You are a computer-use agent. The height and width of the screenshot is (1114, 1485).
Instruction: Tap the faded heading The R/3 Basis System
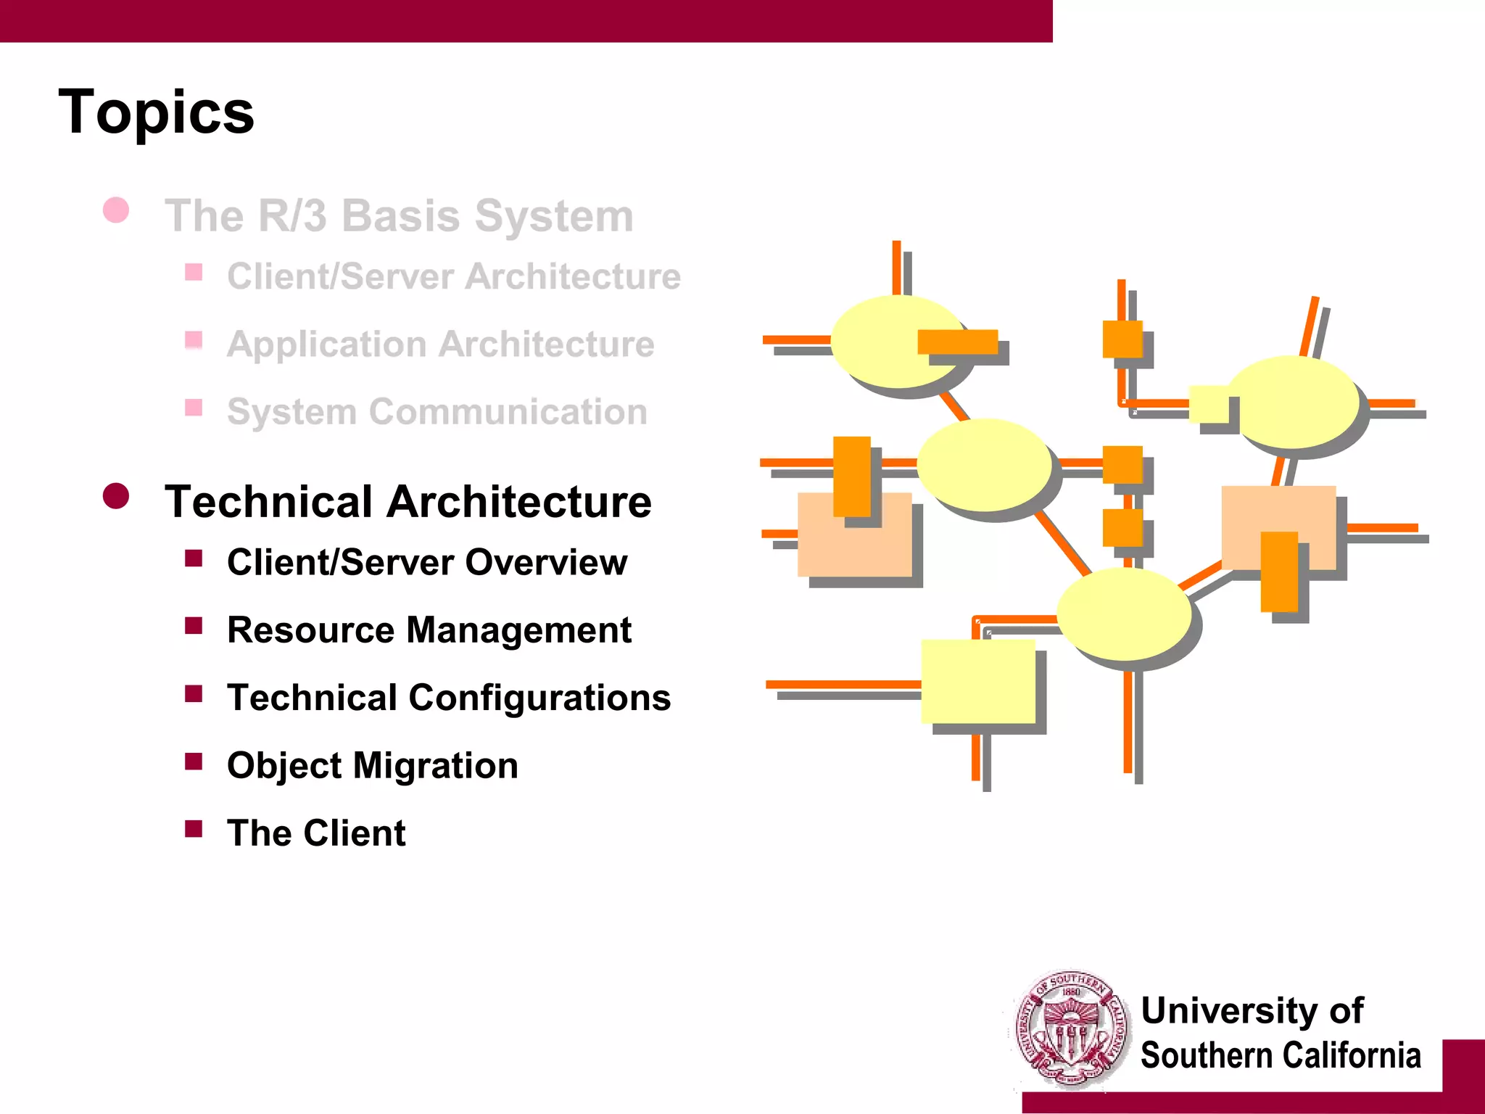point(399,216)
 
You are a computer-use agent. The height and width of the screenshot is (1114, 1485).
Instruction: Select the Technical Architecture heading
point(408,502)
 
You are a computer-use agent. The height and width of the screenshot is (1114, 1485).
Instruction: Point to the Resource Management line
point(429,630)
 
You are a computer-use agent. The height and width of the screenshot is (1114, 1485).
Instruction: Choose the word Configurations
point(539,698)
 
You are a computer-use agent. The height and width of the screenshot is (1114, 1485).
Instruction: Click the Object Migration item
point(372,766)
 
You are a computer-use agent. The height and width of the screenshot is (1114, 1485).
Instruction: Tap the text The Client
point(316,833)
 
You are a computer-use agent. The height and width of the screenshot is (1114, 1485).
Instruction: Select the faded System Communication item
point(437,412)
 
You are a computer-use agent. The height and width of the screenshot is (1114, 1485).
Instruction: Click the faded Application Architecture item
point(440,344)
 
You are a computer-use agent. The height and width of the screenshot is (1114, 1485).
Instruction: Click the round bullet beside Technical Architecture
point(116,497)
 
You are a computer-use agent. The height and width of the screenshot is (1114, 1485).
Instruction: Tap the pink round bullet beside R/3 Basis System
point(116,210)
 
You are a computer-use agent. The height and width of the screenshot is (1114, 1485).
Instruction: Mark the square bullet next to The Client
point(194,828)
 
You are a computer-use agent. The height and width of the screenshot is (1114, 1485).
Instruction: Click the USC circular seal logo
point(1070,1030)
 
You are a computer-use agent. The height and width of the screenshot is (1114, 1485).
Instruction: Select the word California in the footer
point(1348,1055)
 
